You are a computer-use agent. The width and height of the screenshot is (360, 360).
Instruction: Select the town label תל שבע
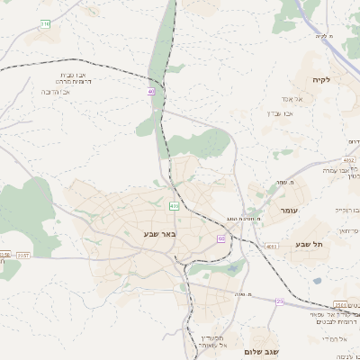click(x=310, y=244)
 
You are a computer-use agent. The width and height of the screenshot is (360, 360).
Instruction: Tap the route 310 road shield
click(x=45, y=24)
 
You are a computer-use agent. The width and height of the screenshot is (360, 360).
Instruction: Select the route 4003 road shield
click(x=272, y=245)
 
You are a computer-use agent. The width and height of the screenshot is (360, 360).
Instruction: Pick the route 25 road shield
click(x=279, y=301)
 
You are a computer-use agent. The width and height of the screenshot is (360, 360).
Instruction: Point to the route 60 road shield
click(x=221, y=238)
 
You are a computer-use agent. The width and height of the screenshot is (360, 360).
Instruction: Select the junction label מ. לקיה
click(x=325, y=36)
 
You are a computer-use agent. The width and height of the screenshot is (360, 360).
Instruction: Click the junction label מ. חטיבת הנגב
click(x=244, y=219)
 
